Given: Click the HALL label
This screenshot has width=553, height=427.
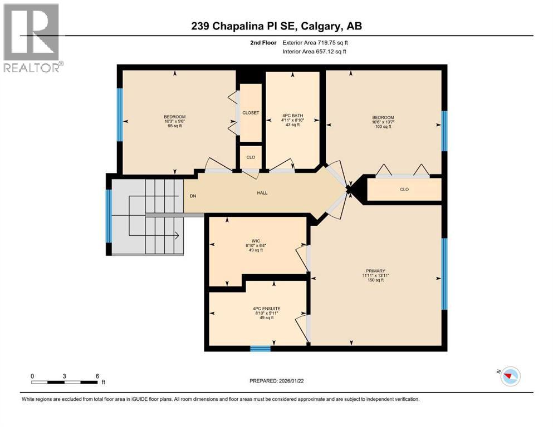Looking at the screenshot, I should [x=262, y=193].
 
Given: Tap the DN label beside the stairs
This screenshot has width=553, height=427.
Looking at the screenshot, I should [x=193, y=195].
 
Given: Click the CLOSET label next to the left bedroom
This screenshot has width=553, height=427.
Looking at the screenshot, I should [x=251, y=113].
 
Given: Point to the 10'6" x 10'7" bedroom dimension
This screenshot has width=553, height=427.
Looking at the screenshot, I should [x=383, y=122].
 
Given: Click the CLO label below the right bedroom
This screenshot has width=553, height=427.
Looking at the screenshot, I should [x=404, y=190].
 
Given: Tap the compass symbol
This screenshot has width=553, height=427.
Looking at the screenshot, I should [x=509, y=376].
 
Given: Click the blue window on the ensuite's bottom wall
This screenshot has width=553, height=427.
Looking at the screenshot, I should [x=260, y=349].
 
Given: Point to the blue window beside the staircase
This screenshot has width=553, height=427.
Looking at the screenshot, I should [x=109, y=216].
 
